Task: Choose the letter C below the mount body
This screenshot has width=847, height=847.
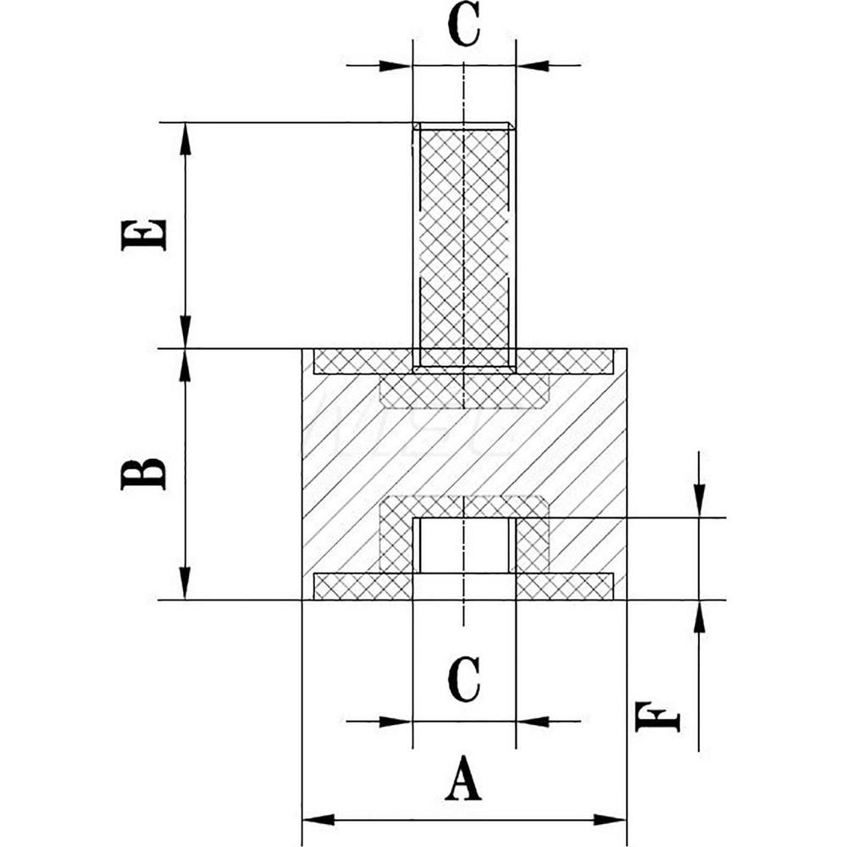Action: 463,680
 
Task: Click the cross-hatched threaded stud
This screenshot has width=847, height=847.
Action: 464,237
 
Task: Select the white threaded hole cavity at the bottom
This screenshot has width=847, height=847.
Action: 464,546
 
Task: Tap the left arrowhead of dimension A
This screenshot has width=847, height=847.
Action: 318,819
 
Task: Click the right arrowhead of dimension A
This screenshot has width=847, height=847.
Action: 611,819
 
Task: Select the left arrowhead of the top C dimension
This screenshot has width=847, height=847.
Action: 396,65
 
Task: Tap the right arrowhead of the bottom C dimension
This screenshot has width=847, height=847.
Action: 532,722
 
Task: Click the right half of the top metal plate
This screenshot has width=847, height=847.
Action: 565,362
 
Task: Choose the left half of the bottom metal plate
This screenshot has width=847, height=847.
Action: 363,585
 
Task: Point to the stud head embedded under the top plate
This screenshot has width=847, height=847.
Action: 464,390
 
